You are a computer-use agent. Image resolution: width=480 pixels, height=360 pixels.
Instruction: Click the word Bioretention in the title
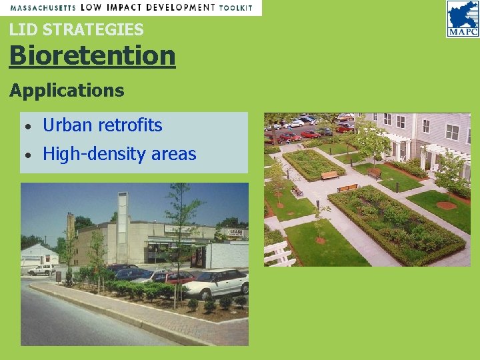pyautogui.click(x=92, y=55)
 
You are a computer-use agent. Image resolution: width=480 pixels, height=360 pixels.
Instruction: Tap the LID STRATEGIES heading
pyautogui.click(x=76, y=29)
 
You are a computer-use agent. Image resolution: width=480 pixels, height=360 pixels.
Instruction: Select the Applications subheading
pyautogui.click(x=67, y=91)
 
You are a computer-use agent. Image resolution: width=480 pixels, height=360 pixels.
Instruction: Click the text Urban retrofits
pyautogui.click(x=102, y=125)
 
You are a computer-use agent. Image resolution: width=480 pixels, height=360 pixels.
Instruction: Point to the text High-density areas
pyautogui.click(x=119, y=154)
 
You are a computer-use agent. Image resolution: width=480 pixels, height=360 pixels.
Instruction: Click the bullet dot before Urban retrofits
pyautogui.click(x=27, y=126)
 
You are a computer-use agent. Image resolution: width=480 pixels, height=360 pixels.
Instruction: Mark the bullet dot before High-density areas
pyautogui.click(x=27, y=155)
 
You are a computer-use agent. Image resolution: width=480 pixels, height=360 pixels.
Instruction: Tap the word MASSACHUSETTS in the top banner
pyautogui.click(x=42, y=8)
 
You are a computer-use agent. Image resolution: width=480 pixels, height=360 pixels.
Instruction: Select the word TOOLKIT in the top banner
pyautogui.click(x=236, y=8)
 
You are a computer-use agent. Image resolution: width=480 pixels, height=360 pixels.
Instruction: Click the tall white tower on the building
pyautogui.click(x=122, y=227)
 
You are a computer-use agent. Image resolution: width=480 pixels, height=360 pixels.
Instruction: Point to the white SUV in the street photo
pyautogui.click(x=41, y=269)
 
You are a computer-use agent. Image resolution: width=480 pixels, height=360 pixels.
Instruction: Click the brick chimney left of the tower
pyautogui.click(x=71, y=227)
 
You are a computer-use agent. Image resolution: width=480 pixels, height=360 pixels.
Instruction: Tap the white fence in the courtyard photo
pyautogui.click(x=279, y=253)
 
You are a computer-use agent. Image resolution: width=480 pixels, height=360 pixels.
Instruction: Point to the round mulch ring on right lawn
pyautogui.click(x=446, y=205)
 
